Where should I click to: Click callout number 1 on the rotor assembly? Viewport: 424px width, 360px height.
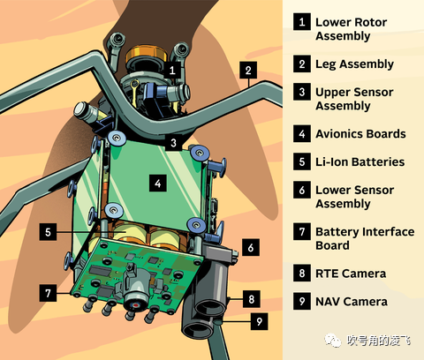click(172, 70)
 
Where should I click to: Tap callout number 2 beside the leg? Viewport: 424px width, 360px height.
click(248, 70)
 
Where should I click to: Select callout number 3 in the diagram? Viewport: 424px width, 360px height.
click(173, 143)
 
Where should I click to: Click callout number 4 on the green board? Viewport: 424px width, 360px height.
click(158, 184)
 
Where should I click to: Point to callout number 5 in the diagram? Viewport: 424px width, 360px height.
click(48, 232)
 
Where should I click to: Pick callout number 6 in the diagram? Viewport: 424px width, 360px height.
click(251, 247)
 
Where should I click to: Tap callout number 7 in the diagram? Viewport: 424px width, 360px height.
click(48, 293)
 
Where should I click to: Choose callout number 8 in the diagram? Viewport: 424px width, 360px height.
click(252, 299)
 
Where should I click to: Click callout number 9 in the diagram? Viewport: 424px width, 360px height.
click(260, 321)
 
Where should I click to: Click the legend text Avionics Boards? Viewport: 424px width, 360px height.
click(360, 134)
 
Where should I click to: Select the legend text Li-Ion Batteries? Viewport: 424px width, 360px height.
click(360, 161)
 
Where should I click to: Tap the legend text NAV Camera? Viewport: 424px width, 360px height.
click(352, 302)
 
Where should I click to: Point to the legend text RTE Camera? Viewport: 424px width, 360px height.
click(351, 274)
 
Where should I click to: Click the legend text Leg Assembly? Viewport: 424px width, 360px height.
click(354, 64)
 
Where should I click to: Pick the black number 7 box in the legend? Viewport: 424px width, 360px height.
click(302, 232)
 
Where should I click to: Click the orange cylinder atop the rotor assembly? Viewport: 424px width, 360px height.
click(146, 54)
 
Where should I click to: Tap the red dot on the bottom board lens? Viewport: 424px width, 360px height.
click(136, 305)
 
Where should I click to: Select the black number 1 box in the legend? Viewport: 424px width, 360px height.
click(302, 22)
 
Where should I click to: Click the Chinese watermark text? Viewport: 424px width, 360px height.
click(378, 341)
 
